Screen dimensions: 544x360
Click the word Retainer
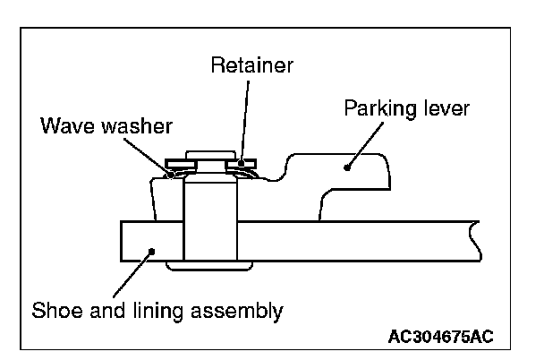tap(252, 64)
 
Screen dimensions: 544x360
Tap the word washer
tap(137, 125)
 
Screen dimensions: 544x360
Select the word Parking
tap(380, 109)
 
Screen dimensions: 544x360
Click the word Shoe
tap(57, 310)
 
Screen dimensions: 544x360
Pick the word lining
tap(157, 312)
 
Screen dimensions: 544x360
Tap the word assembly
tap(237, 312)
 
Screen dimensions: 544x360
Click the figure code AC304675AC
tap(440, 337)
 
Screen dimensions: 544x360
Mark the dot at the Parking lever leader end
tap(346, 168)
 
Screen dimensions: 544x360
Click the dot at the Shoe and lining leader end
tap(151, 251)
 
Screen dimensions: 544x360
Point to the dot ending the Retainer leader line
tap(241, 163)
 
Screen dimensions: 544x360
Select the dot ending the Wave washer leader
tap(171, 176)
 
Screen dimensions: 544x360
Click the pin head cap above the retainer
tap(210, 155)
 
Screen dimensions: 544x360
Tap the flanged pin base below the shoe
tap(209, 266)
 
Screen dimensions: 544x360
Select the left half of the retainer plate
tap(181, 164)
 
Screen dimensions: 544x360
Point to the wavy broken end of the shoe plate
tap(474, 241)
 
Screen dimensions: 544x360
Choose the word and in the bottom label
tap(108, 310)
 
